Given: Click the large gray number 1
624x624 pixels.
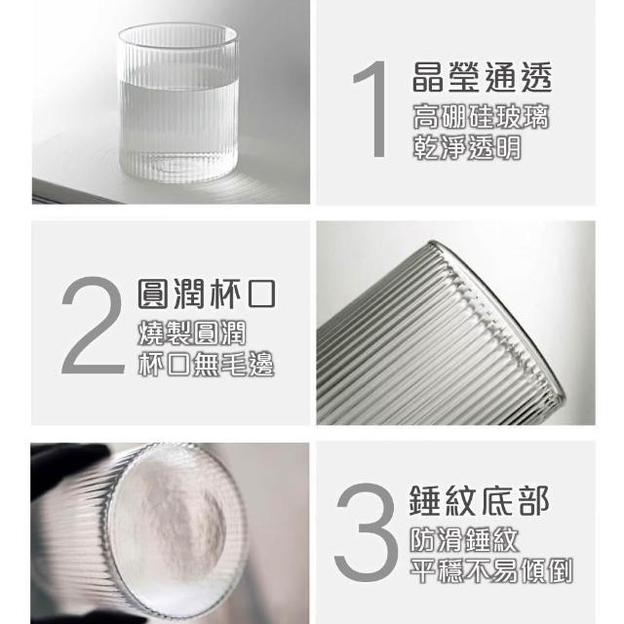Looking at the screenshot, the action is coord(372,109).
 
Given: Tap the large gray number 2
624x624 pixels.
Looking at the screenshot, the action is coord(94,325).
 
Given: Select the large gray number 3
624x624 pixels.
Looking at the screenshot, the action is coord(367,533).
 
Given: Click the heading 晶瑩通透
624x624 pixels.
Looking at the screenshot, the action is coord(482,77).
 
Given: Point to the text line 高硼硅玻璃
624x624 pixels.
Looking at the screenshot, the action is coord(481,117).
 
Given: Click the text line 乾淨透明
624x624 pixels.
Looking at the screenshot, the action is coord(467,147).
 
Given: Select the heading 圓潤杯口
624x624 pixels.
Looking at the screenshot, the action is coord(207,294).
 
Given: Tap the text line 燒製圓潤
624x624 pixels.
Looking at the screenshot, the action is coord(192,332).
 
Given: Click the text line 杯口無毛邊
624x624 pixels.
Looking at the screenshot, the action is coord(206,364).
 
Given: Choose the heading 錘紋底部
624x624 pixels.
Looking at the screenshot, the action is coord(479,500).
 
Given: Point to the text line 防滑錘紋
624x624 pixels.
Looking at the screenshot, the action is coord(464,540).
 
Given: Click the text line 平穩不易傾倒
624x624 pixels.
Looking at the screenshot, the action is coord(491,571).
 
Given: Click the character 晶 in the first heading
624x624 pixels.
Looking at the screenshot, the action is coord(427,78).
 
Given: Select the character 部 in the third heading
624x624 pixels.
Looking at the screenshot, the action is coord(534,500).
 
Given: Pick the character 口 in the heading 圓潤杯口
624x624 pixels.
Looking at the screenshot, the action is coord(262,294).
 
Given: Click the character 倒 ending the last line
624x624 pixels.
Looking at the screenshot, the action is coord(560,571).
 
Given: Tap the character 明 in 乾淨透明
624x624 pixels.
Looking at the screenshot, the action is coord(508,147).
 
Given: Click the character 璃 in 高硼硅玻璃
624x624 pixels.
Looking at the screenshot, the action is coord(536,117).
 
